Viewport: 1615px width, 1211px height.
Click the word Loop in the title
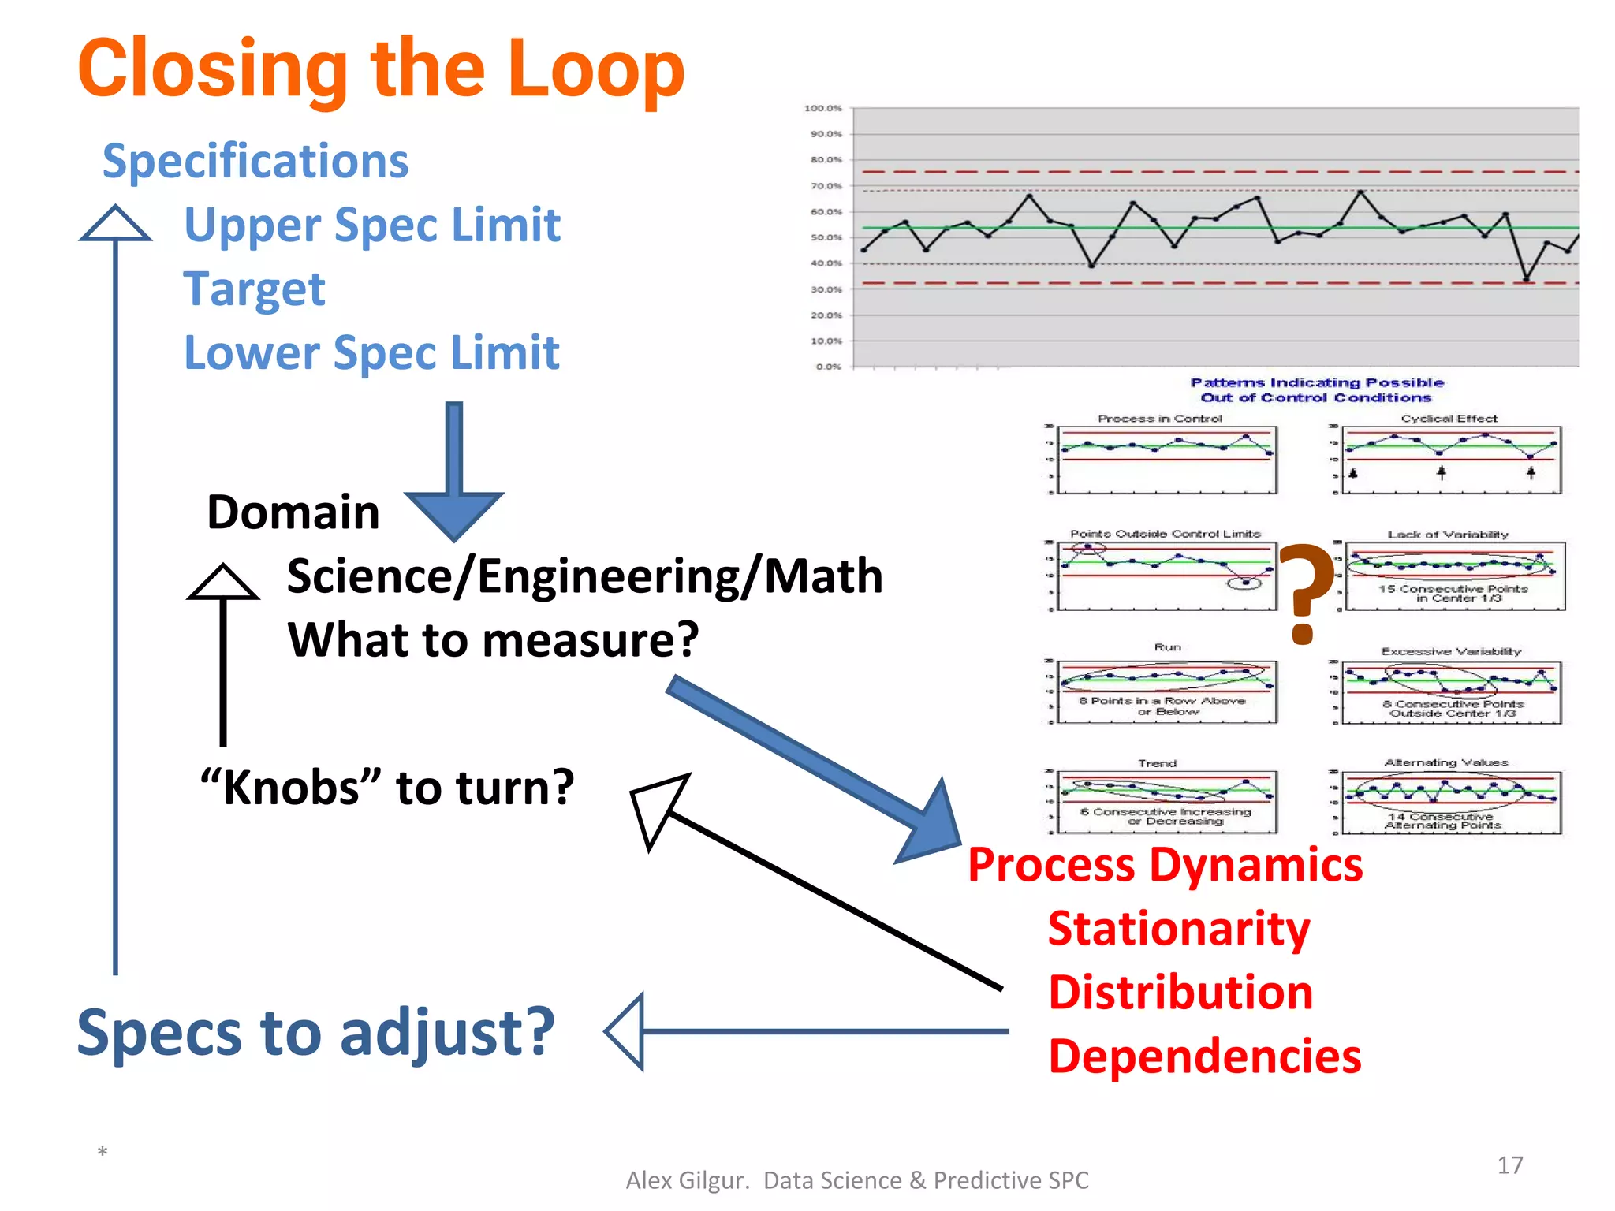click(595, 69)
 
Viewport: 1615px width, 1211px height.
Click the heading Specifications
click(255, 161)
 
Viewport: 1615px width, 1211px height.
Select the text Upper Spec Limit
click(371, 225)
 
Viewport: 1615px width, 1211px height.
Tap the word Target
click(254, 289)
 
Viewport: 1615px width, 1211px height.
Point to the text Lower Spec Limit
click(371, 352)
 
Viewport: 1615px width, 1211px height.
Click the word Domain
click(293, 512)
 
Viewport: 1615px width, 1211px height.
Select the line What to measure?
click(493, 639)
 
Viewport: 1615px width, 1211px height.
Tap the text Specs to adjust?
click(315, 1032)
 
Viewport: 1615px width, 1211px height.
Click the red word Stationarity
click(1178, 929)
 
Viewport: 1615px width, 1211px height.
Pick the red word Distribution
click(1180, 993)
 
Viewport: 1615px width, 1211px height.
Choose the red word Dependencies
click(1204, 1056)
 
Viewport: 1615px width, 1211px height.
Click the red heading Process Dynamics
click(1165, 865)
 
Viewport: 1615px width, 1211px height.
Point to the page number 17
click(1509, 1165)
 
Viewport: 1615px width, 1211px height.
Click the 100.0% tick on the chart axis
click(822, 108)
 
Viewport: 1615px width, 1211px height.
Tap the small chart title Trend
click(1157, 763)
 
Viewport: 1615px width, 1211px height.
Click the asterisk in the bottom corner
click(103, 1153)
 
